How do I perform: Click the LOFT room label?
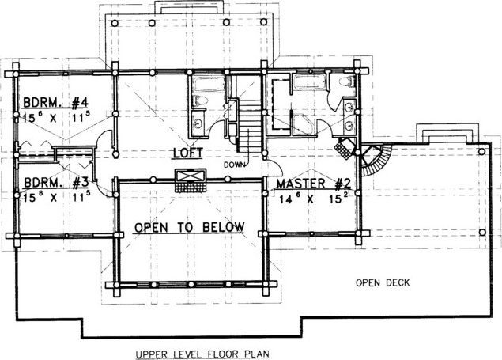coord(188,153)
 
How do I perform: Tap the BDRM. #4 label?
coord(55,103)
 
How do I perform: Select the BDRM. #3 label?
coord(56,183)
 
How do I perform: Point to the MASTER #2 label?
coord(314,184)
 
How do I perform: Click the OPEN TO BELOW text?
coord(189,227)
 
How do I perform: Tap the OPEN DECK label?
coord(383,282)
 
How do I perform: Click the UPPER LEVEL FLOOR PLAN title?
coord(202,354)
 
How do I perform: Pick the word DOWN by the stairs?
coord(234,165)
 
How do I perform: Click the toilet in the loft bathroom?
coord(200,100)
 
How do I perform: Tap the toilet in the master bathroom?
coord(347,81)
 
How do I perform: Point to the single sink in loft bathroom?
coord(198,123)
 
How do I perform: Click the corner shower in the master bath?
coord(304,124)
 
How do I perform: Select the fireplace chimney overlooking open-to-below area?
coord(190,180)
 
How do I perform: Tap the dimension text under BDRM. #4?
coord(56,117)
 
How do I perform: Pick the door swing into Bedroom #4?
coord(105,139)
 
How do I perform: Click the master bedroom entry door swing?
coord(274,167)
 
